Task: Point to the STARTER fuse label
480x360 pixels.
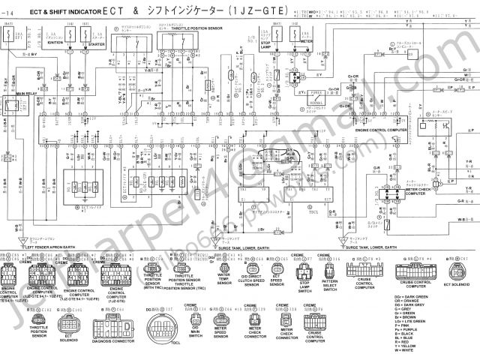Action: (95, 42)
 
